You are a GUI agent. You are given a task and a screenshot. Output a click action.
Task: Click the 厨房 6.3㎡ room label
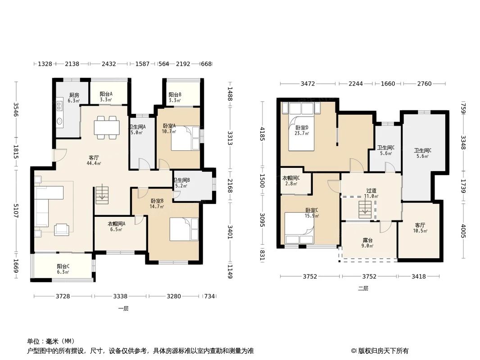(74, 98)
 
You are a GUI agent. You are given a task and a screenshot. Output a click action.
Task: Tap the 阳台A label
(106, 94)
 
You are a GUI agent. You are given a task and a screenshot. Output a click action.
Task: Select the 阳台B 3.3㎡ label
(175, 97)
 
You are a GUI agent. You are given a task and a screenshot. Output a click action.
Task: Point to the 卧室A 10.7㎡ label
(169, 128)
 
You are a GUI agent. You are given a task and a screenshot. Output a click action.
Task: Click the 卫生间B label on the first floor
(181, 180)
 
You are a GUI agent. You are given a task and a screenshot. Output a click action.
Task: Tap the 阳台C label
(63, 266)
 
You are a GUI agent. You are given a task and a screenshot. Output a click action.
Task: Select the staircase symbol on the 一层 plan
(102, 194)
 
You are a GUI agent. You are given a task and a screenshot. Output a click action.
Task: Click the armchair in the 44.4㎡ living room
(62, 229)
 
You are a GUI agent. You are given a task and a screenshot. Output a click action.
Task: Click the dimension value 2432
(109, 64)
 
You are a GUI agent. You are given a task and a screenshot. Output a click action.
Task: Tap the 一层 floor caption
(123, 308)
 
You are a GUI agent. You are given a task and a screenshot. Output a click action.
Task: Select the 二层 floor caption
(363, 288)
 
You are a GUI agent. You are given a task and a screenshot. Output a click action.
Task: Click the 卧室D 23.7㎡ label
(302, 130)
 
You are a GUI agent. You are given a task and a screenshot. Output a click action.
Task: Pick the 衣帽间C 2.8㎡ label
(291, 181)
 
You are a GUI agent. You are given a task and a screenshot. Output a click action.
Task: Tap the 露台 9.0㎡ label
(367, 243)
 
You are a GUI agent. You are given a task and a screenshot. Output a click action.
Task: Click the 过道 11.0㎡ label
(371, 193)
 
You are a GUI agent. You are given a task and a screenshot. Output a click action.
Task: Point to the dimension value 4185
(262, 135)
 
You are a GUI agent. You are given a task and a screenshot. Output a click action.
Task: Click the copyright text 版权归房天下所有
(384, 351)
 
